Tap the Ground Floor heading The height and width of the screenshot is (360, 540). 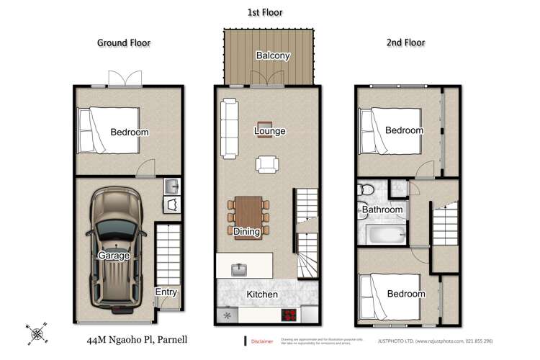click(124, 42)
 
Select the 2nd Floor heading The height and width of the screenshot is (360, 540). click(404, 42)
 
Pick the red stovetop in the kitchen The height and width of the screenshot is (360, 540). click(289, 315)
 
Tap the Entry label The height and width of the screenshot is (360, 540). click(166, 292)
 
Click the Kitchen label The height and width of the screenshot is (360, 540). click(262, 295)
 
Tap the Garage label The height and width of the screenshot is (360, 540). click(114, 255)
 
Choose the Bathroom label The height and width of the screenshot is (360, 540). click(382, 210)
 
